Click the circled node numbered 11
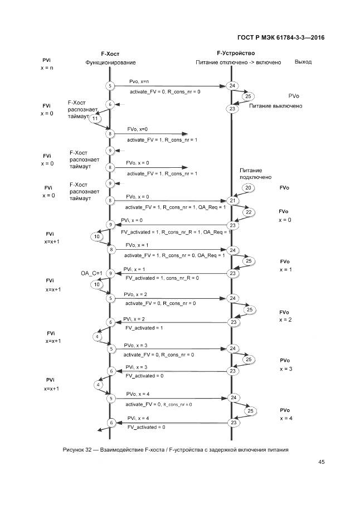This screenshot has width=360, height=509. pyautogui.click(x=95, y=119)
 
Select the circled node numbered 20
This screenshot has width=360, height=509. pyautogui.click(x=249, y=188)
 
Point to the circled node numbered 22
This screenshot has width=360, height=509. pyautogui.click(x=249, y=212)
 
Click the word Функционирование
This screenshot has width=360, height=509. pyautogui.click(x=110, y=62)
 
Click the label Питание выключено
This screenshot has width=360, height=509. pyautogui.click(x=276, y=106)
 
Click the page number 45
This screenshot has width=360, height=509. pyautogui.click(x=322, y=461)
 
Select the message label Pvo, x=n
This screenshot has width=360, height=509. pyautogui.click(x=139, y=81)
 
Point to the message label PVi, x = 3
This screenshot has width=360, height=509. pyautogui.click(x=137, y=367)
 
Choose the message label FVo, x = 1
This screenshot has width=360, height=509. pyautogui.click(x=137, y=245)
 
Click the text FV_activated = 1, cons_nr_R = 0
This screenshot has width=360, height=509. pyautogui.click(x=162, y=278)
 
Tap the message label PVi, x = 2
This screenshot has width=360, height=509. pyautogui.click(x=135, y=319)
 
